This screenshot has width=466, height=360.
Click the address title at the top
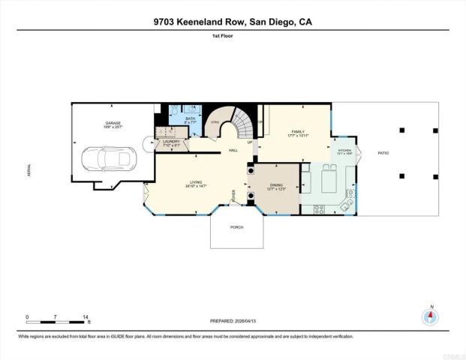pyautogui.click(x=233, y=22)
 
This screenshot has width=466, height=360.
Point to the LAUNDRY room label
pyautogui.click(x=171, y=142)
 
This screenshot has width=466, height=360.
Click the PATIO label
pyautogui.click(x=383, y=153)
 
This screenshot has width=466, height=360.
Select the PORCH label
pyautogui.click(x=236, y=226)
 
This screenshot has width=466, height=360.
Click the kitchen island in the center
pyautogui.click(x=328, y=181)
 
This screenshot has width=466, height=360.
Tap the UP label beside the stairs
pyautogui.click(x=250, y=142)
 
